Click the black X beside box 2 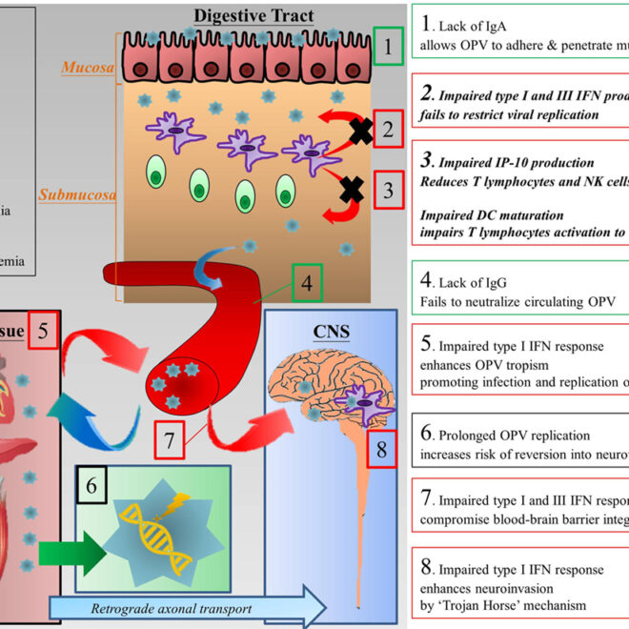(359, 132)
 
